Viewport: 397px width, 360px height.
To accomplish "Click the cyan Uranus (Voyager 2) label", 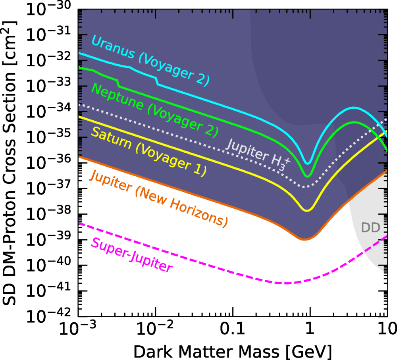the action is [x=150, y=60].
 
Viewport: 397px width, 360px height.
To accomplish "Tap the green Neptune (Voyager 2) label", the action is [x=154, y=111].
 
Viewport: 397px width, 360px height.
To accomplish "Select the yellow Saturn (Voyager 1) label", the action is [x=148, y=151].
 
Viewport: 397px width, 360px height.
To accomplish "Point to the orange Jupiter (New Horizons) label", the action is [x=158, y=199].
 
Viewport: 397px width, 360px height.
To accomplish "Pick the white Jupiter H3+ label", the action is [x=258, y=155].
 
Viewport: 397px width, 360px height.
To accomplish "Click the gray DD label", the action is [x=371, y=227].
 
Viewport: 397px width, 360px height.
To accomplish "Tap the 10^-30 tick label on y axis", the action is [x=48, y=10].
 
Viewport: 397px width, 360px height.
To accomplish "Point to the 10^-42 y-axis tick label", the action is [x=48, y=316].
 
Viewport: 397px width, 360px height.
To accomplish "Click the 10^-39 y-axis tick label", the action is [x=48, y=239].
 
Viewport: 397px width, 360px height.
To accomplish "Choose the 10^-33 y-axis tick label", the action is [x=48, y=86].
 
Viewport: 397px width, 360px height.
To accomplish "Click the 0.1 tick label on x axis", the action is [x=232, y=328].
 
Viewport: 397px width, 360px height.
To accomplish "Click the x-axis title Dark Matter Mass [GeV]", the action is [x=232, y=351].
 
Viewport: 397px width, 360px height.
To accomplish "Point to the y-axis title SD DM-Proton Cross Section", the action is [x=9, y=163].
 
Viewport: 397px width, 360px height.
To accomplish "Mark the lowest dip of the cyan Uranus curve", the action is [x=308, y=164].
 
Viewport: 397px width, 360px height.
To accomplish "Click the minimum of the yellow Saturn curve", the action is [x=307, y=210].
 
